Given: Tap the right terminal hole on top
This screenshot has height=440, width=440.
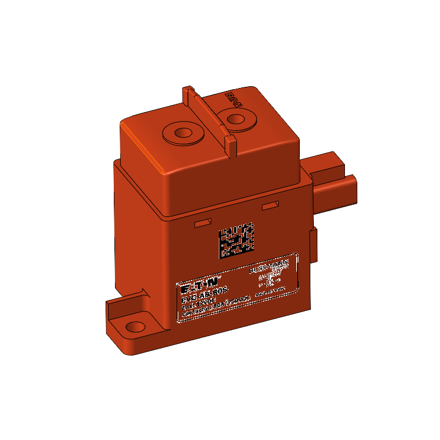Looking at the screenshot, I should pyautogui.click(x=236, y=120).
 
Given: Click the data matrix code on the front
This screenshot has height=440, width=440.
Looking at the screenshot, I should pyautogui.click(x=236, y=241).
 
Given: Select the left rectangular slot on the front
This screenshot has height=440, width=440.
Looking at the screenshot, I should pyautogui.click(x=203, y=223).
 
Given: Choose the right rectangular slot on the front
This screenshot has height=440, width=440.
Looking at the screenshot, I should pyautogui.click(x=270, y=205).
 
